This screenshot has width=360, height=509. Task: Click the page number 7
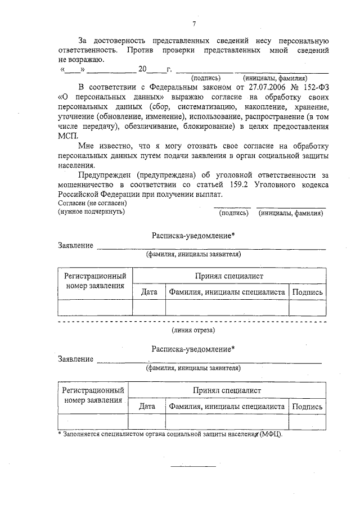(193, 23)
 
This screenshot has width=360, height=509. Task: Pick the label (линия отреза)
(193, 330)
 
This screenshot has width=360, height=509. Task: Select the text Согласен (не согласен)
(92, 203)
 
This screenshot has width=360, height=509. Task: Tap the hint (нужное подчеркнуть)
(91, 211)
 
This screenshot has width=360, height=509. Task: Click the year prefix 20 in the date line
(142, 69)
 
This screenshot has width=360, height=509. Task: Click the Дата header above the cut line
(149, 292)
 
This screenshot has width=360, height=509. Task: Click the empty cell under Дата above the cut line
(149, 308)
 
